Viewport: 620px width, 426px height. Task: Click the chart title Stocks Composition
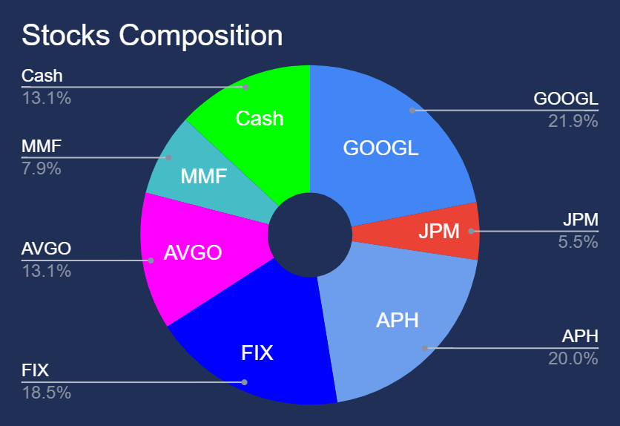pos(152,36)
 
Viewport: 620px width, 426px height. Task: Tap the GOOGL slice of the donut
pos(387,146)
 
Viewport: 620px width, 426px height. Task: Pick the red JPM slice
pos(431,231)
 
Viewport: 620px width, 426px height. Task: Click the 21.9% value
pos(573,121)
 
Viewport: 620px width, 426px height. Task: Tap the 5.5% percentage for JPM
pos(578,242)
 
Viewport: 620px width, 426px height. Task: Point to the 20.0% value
pos(573,358)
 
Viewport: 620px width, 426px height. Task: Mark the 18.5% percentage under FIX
pos(46,393)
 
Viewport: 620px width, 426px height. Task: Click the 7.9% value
pos(41,168)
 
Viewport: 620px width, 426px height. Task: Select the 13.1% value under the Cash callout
pos(46,98)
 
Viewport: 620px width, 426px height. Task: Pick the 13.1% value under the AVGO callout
pos(46,272)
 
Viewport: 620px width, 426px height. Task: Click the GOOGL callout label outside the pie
pos(566,99)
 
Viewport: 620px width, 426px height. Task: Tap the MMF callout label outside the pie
pos(42,146)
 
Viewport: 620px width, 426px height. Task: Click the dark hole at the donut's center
pos(310,235)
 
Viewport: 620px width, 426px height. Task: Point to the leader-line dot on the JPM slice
pos(471,231)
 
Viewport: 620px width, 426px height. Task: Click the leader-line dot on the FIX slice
pos(244,382)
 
